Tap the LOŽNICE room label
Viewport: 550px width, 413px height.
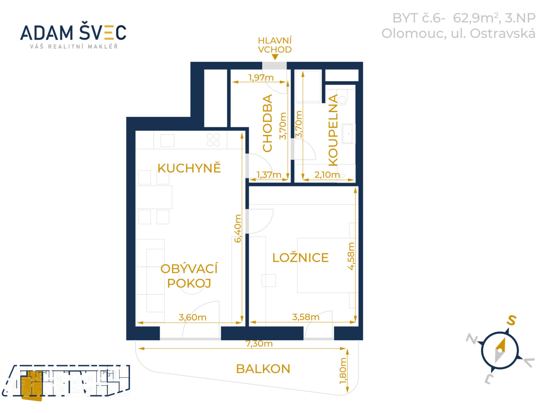coord(300,257)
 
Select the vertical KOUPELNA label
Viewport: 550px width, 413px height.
coord(333,130)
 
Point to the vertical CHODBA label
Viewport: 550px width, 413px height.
coord(267,123)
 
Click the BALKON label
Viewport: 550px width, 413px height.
coord(263,369)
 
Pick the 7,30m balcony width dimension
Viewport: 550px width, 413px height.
coord(259,343)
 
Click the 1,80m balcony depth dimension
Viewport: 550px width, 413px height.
coord(343,371)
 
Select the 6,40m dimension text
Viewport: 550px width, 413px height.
coord(237,228)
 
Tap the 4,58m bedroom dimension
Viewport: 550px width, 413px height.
coord(351,256)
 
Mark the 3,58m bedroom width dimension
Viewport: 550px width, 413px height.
coord(306,317)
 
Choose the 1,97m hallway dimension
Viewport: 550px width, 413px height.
coord(261,77)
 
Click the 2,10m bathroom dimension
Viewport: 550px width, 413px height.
coord(327,175)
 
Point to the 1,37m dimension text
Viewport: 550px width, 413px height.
coord(269,175)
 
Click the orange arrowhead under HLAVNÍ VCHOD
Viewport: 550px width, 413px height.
coord(275,57)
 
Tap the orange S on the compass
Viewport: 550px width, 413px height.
coord(511,320)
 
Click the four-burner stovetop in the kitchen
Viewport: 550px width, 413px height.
coord(213,140)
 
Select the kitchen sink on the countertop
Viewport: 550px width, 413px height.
coord(167,141)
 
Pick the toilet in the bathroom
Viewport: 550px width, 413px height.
coord(342,97)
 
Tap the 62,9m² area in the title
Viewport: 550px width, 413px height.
coord(475,18)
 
